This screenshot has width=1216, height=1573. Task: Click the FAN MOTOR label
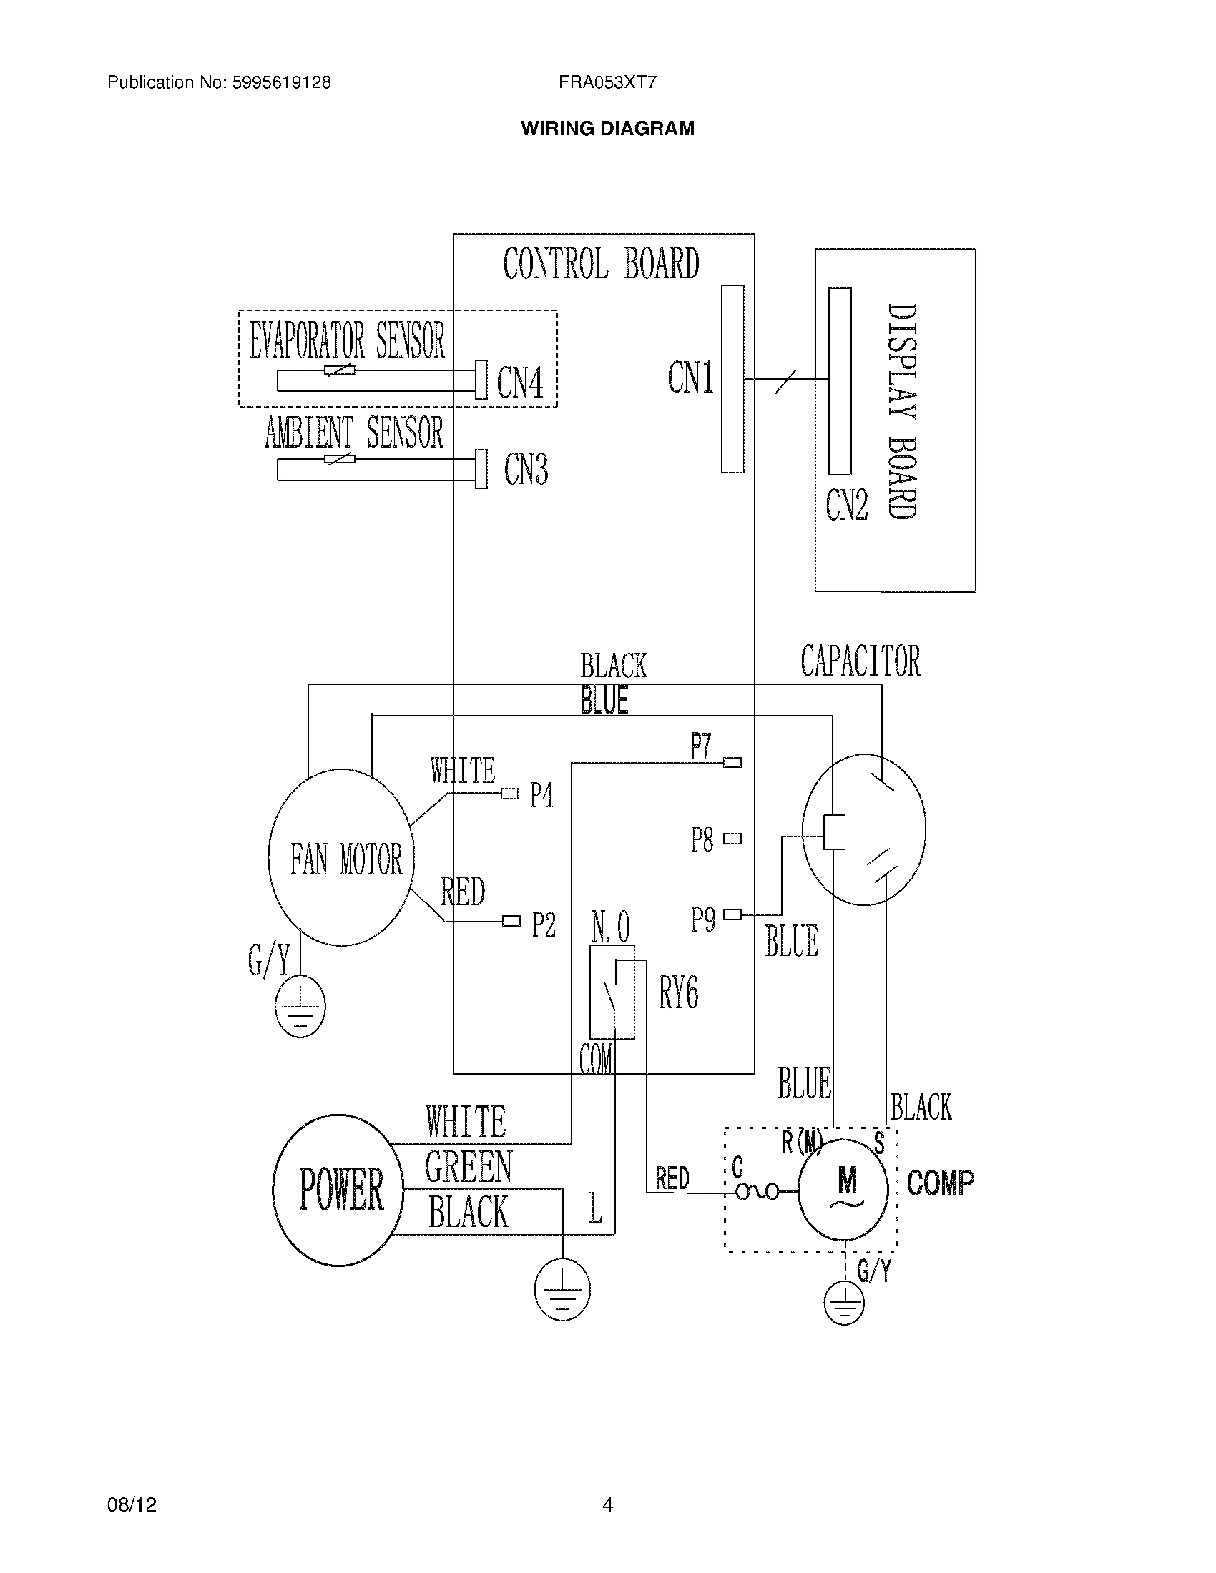point(345,859)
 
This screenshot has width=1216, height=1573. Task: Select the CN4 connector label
point(519,382)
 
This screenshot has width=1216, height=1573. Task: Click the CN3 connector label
point(526,469)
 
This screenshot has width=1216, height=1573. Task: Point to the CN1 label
point(690,378)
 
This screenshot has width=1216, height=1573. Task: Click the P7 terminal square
point(732,762)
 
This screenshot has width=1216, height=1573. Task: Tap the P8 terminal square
point(732,839)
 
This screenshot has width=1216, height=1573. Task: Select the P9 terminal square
point(732,914)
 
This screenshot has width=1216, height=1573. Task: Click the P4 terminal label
point(541,795)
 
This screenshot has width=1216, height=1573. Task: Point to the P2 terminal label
point(544,924)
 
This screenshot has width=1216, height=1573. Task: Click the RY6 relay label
point(678,993)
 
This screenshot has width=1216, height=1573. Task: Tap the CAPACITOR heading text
point(860,661)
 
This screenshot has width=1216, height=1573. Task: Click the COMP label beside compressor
point(940,1183)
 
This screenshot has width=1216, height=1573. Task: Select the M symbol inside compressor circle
point(847,1181)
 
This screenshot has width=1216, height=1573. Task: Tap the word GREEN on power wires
point(468,1167)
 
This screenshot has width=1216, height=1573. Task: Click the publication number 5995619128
point(281,82)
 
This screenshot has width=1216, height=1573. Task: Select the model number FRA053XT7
point(607,82)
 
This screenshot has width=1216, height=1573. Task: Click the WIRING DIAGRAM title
point(607,128)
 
